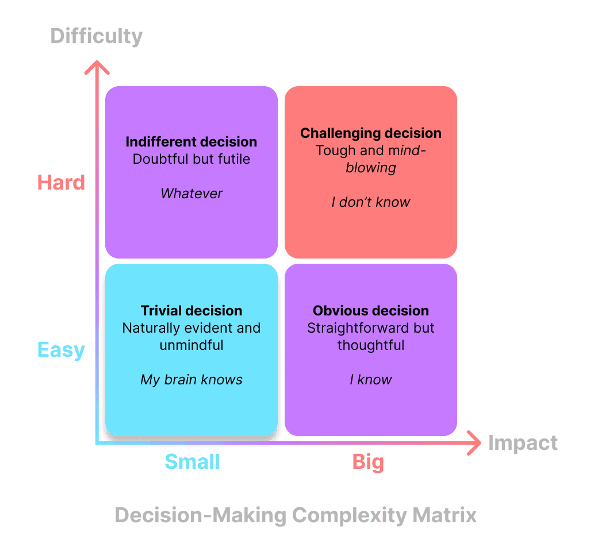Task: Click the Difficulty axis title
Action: coord(97,36)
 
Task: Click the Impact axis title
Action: coord(523,443)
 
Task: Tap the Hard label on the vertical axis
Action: coord(61,182)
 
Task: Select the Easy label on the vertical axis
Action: coord(61,350)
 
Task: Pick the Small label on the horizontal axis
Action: coord(192,461)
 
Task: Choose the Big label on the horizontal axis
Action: coord(368,461)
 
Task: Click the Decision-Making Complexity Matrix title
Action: coord(296,515)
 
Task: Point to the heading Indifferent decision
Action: coord(191,142)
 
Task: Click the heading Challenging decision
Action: coord(371,133)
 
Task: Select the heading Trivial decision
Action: coord(191,311)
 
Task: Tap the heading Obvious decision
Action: coord(371,311)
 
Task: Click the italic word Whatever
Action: coord(191,194)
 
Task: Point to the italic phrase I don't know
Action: coord(371,202)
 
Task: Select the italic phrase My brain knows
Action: coord(191,380)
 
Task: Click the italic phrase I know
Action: coord(371,380)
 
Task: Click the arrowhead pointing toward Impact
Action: coord(474,443)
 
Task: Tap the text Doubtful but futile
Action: coord(191,159)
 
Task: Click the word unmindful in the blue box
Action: coord(191,345)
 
